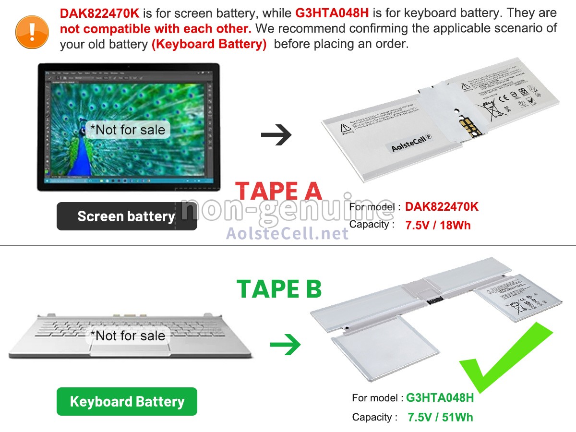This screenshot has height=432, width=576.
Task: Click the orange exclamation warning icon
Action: click(32, 31)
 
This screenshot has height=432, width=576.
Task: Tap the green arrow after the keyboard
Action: click(285, 345)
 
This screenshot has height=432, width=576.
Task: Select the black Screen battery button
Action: click(127, 216)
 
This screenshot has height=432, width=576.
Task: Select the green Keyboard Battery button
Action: click(127, 401)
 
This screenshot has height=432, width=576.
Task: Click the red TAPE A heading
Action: click(279, 191)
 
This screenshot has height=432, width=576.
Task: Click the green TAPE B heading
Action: click(279, 288)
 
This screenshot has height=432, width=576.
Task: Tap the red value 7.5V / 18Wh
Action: click(438, 225)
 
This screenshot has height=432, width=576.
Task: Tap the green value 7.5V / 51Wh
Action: click(440, 417)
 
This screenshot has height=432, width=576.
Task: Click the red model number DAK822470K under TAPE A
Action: click(442, 207)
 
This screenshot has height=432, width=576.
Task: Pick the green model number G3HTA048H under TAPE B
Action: click(440, 397)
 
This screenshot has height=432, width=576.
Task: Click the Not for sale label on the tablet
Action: click(128, 130)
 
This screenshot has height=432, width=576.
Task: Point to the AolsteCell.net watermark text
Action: click(287, 233)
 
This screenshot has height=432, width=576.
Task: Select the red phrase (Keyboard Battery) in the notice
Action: click(209, 45)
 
